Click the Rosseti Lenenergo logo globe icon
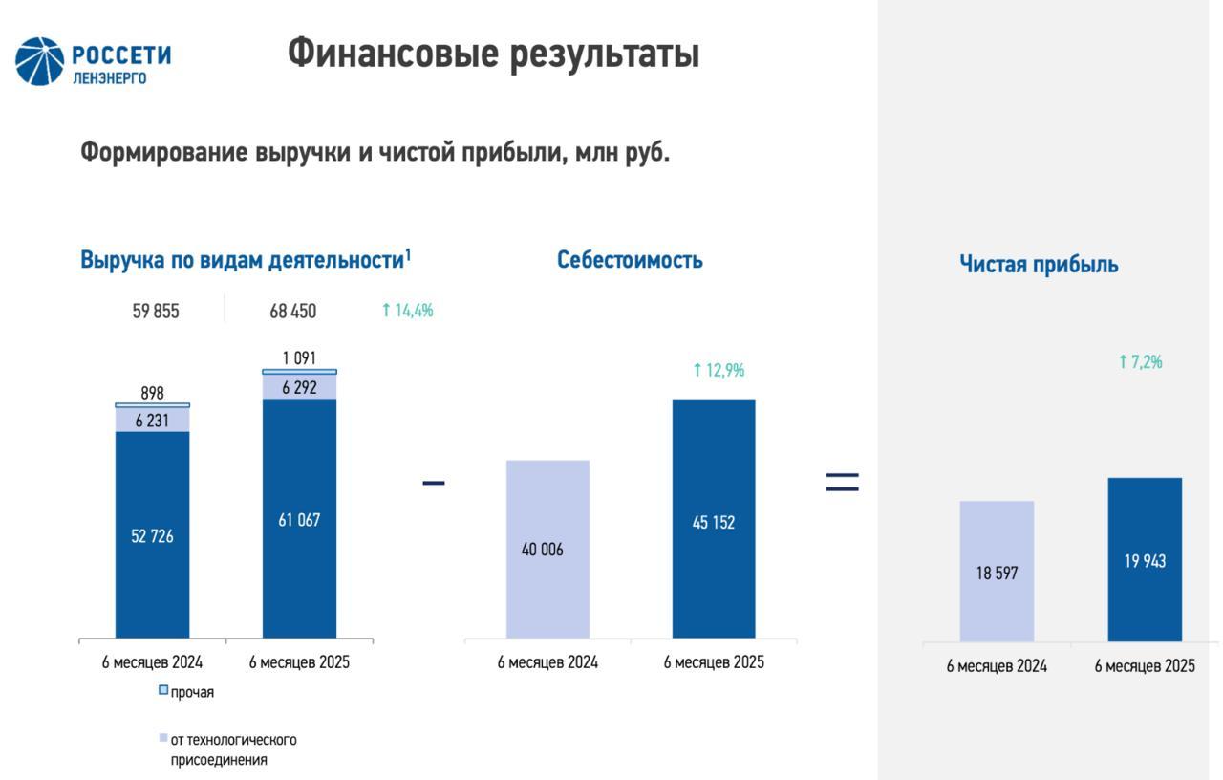(x=39, y=61)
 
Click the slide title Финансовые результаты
(x=493, y=54)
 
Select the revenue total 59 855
(x=156, y=312)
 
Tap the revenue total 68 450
(x=292, y=312)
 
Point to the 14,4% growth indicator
(x=408, y=311)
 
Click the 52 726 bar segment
(x=153, y=535)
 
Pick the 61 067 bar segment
(x=299, y=519)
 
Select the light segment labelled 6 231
(x=153, y=420)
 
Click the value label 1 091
(x=299, y=358)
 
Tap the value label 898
(x=152, y=393)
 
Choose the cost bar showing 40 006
(x=547, y=550)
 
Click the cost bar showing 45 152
(x=714, y=521)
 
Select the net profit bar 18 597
(x=997, y=572)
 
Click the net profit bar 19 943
(x=1145, y=560)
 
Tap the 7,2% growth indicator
(x=1141, y=362)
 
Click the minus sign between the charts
(x=434, y=483)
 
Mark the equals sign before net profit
(x=842, y=483)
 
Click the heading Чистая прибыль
(x=1039, y=265)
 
